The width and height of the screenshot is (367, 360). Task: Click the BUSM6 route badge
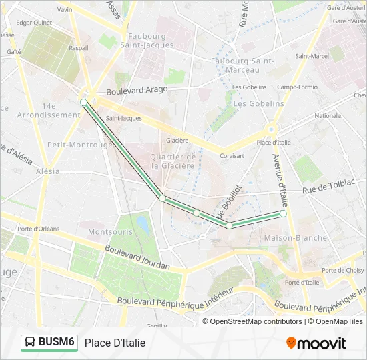pos(49,343)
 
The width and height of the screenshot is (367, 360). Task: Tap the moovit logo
pos(316,343)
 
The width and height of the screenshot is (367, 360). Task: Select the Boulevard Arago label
pos(137,89)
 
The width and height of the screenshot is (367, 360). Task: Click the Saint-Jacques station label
pos(123,119)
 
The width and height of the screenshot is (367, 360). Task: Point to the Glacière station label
pos(177,141)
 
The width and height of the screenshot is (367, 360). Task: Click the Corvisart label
pos(232,156)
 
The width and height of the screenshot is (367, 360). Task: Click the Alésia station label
pos(48,171)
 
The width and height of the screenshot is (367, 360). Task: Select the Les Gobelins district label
pos(259,104)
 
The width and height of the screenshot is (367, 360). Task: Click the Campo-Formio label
pos(297,87)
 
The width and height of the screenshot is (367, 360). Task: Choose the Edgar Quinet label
pos(34,23)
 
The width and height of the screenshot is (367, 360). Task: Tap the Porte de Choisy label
pos(343,270)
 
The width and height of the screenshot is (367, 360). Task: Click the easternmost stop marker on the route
pos(284,214)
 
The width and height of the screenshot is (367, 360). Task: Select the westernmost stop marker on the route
pos(83,102)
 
